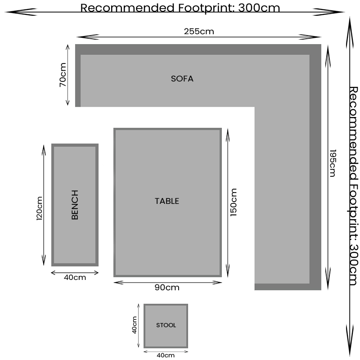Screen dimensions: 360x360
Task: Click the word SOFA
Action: (x=182, y=79)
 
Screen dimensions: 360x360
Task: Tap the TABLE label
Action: (x=167, y=201)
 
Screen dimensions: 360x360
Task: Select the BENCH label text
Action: (x=75, y=205)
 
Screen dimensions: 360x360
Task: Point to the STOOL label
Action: (x=166, y=325)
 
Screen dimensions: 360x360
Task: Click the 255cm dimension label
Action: (x=199, y=31)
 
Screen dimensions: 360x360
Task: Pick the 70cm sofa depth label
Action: (x=63, y=75)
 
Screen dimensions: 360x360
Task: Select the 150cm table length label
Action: (x=233, y=202)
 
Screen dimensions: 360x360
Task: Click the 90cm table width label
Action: (x=167, y=288)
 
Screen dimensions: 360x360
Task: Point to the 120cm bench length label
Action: (x=40, y=208)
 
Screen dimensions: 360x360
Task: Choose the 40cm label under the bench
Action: (x=75, y=277)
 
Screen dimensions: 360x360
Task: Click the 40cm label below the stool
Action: (x=166, y=355)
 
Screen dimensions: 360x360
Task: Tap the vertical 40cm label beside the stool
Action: (x=134, y=325)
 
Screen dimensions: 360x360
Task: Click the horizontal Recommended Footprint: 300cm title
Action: (x=180, y=8)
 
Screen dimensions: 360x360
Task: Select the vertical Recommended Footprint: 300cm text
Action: (x=353, y=186)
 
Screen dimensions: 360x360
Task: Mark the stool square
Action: (x=166, y=326)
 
